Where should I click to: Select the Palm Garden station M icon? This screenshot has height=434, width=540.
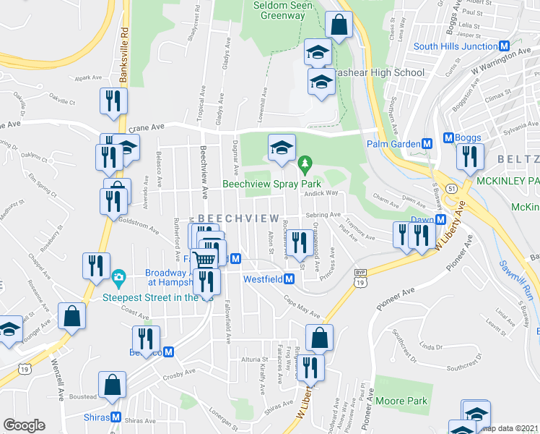[x=427, y=143]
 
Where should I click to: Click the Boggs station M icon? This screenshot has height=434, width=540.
[x=448, y=137]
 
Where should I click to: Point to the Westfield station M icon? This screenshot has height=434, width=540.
[x=289, y=278]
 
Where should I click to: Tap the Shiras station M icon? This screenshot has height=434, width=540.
[x=116, y=417]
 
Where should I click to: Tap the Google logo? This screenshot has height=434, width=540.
[x=25, y=425]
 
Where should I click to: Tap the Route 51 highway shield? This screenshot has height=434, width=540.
[x=450, y=188]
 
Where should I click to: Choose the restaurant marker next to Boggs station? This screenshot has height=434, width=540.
[x=470, y=156]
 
